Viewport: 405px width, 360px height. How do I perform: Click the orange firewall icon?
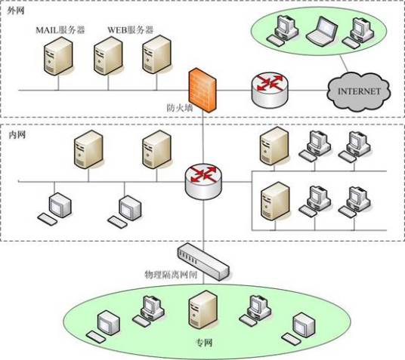point(202,91)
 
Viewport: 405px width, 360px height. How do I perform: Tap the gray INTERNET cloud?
point(359,91)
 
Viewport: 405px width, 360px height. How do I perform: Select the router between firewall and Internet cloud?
point(270,90)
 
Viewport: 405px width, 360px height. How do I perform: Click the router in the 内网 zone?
point(203,181)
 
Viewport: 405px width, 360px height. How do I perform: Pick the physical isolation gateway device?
point(203,262)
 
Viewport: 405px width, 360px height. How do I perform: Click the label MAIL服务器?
point(60,30)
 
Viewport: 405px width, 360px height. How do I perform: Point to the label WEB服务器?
point(131,30)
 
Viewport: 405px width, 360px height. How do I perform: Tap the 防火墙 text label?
point(180,108)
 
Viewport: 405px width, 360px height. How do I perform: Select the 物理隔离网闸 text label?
point(171,275)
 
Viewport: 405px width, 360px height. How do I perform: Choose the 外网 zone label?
point(16,11)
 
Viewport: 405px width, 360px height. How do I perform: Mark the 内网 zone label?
point(17,134)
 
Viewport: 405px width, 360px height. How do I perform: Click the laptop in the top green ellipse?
point(322,30)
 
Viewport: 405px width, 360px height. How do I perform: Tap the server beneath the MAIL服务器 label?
point(58,56)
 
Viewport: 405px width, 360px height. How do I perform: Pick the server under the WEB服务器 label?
point(108,56)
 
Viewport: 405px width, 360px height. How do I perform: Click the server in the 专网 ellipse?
point(203,309)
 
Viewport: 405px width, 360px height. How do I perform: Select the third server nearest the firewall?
point(156,54)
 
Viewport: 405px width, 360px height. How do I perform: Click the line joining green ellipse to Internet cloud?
point(344,63)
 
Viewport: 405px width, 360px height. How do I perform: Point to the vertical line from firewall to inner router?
point(203,138)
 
